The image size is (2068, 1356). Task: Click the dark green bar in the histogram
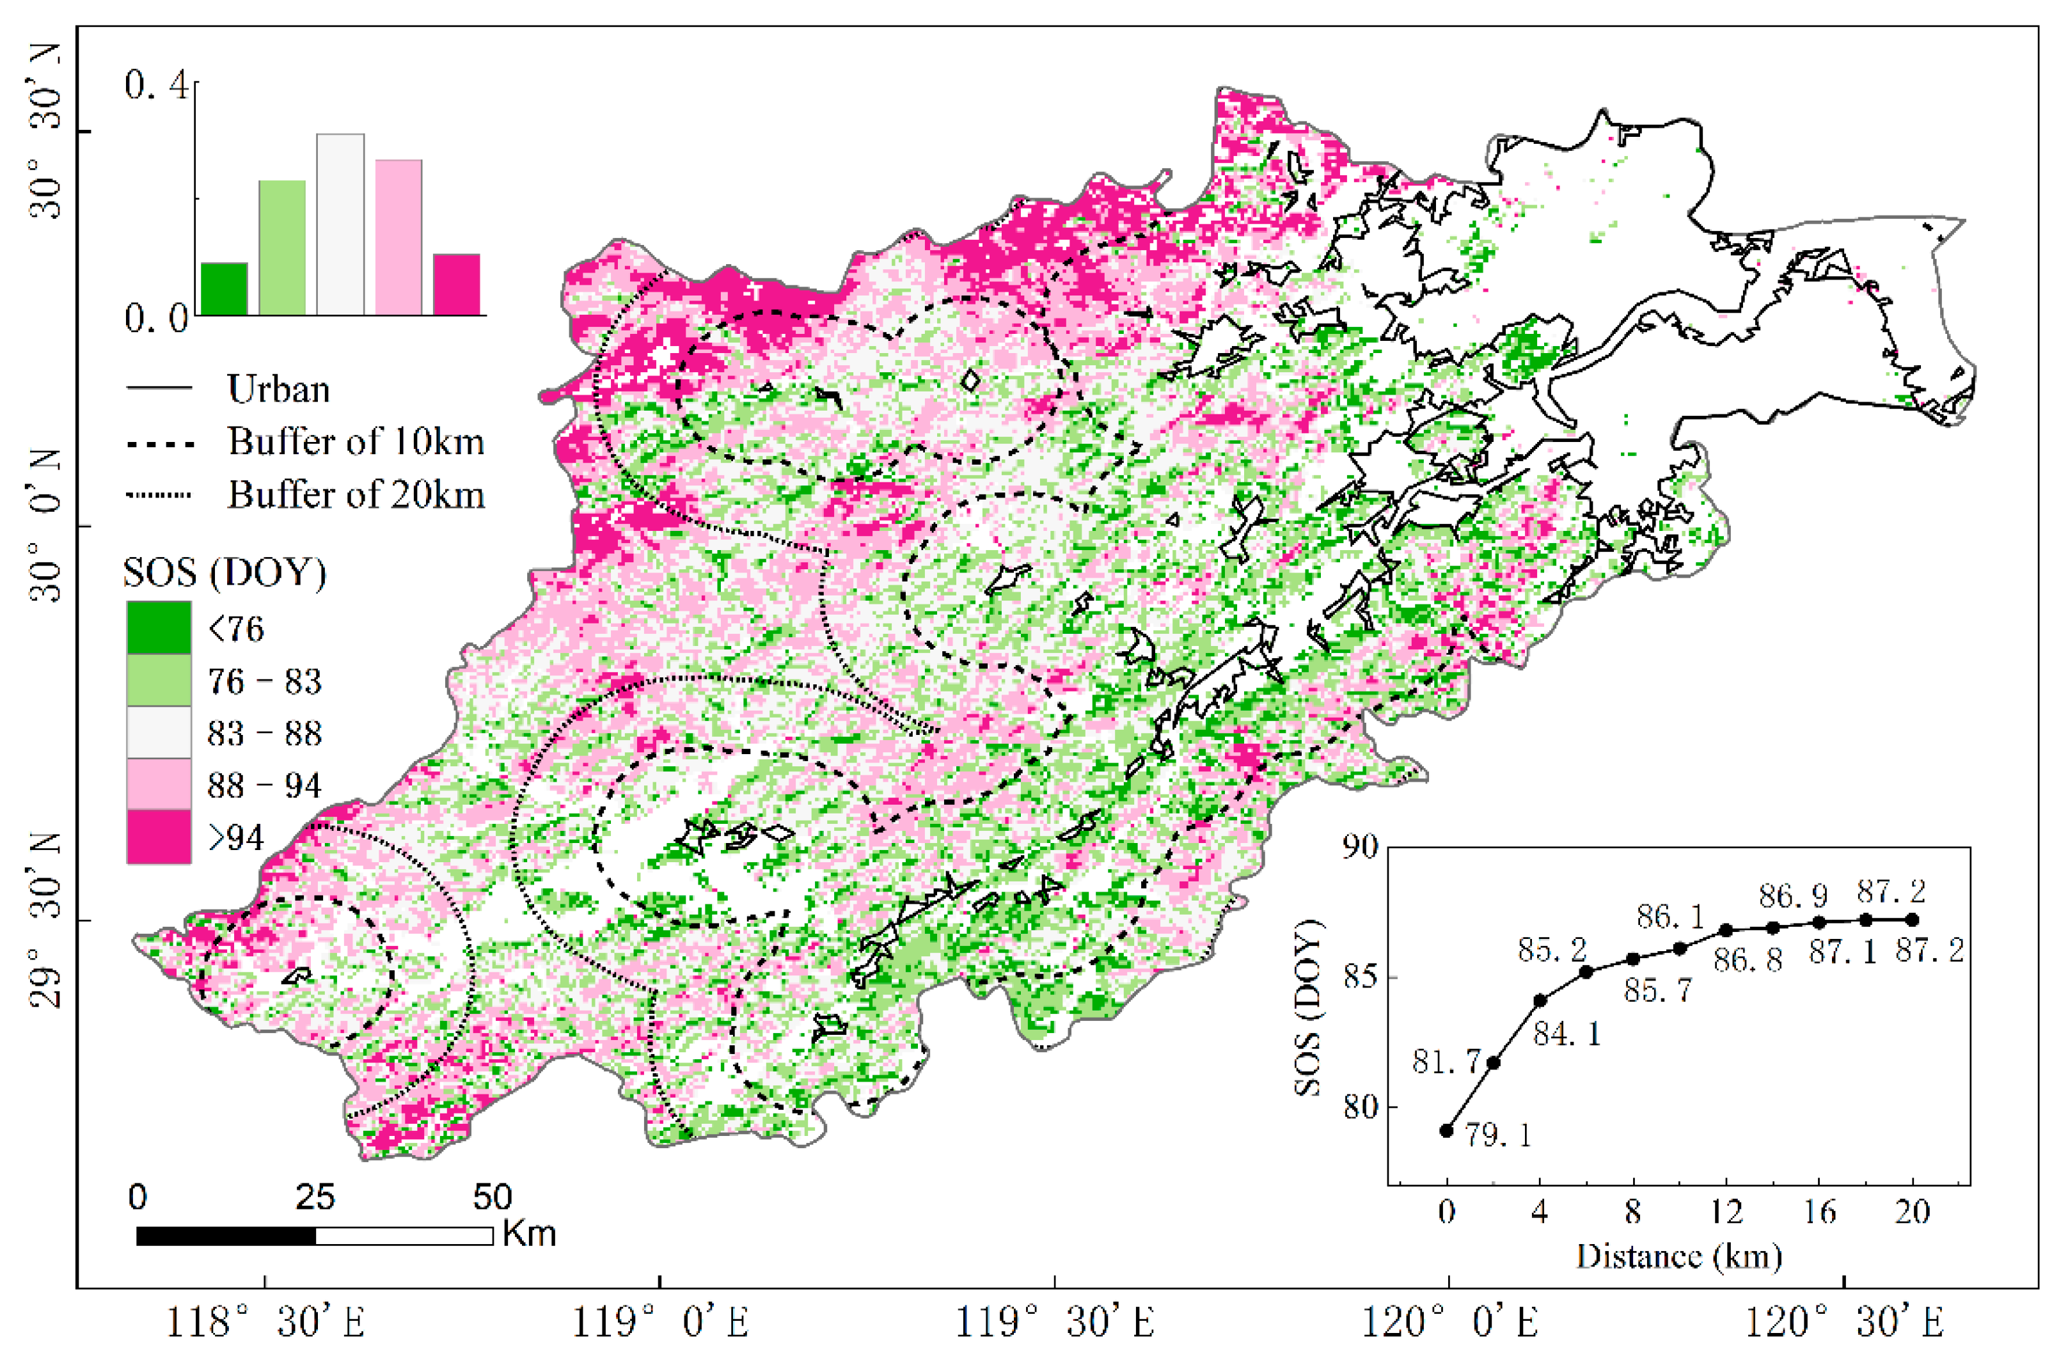[223, 288]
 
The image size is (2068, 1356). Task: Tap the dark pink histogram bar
[456, 284]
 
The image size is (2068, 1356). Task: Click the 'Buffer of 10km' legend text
[356, 442]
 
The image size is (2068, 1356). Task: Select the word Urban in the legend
[278, 389]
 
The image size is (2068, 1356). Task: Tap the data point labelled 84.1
[1540, 1001]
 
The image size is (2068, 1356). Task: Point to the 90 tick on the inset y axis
[1359, 847]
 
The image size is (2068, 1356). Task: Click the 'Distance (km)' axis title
[1678, 1256]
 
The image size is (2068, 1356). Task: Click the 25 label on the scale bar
[315, 1197]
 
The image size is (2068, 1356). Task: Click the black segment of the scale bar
[226, 1235]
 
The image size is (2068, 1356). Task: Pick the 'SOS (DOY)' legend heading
[224, 572]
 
